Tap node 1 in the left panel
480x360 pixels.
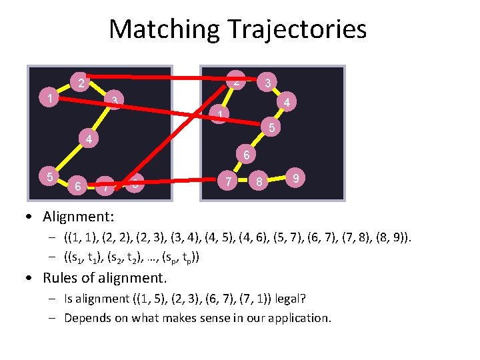51,99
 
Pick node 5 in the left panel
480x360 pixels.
49,177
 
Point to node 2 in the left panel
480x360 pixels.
80,83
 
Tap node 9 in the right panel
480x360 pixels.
295,178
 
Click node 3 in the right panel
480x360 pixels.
267,83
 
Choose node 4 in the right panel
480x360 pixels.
286,103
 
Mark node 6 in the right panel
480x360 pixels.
246,155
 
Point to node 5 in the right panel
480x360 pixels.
271,127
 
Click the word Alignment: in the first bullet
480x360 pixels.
79,217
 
